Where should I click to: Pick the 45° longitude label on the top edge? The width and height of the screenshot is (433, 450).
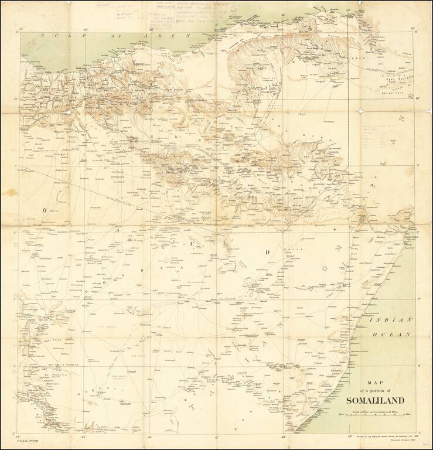[x=85, y=29]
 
